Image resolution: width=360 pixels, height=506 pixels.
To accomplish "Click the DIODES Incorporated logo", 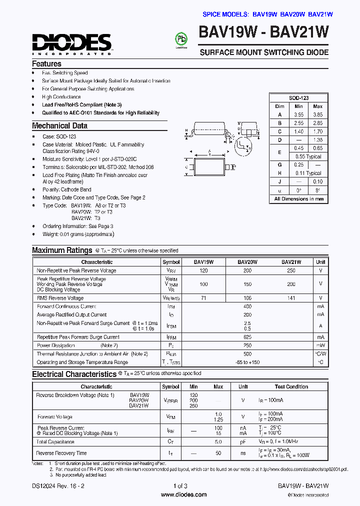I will coord(72,43).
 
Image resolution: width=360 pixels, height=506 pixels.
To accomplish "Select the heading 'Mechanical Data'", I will coord(59,126).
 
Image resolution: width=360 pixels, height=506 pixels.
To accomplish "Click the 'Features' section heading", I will coord(46,64).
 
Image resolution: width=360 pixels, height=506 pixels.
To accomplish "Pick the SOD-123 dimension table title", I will coord(298,98).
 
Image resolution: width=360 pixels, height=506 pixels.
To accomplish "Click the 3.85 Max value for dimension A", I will coord(317,114).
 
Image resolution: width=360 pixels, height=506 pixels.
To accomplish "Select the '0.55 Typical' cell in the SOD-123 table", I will coord(307,156).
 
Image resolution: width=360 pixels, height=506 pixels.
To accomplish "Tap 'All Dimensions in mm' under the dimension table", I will coord(298,198).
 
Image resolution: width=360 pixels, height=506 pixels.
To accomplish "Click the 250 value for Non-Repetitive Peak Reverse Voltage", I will coord(291,270).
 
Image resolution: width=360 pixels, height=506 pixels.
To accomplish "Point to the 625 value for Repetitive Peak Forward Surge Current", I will coord(247,337).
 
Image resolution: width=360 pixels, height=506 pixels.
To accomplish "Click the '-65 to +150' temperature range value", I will coord(247,362).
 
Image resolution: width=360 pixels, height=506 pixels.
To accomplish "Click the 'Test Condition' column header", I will coord(291,386).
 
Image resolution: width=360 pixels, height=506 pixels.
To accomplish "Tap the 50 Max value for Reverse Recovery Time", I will coord(218,453).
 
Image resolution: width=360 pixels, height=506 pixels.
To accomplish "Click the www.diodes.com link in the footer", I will coord(183,494).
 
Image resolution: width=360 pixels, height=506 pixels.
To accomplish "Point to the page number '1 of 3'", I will coord(180,486).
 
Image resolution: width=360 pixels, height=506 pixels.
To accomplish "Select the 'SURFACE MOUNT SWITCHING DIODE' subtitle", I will coord(264,52).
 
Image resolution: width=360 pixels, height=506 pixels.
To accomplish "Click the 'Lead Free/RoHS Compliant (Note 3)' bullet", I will coord(81,105).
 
